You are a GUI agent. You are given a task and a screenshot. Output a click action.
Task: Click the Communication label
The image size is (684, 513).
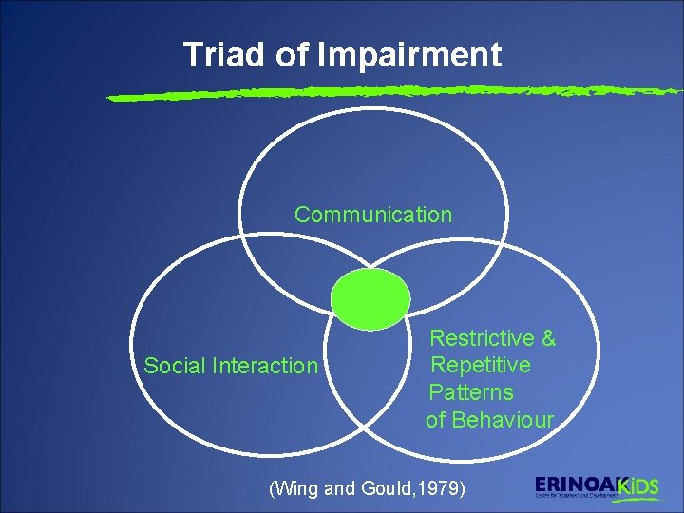click(373, 215)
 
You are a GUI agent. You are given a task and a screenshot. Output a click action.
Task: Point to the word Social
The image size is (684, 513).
click(175, 366)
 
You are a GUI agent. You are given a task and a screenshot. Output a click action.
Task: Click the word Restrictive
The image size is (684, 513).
click(482, 338)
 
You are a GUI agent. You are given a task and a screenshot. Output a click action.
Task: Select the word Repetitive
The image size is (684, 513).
click(481, 365)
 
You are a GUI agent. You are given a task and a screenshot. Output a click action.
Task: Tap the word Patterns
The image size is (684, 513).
click(471, 392)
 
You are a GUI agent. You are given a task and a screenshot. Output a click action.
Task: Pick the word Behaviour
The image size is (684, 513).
click(503, 420)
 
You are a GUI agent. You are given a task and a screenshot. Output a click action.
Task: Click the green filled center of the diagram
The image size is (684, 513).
click(370, 298)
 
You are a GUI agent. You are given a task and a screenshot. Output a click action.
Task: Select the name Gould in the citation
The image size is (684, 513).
click(386, 489)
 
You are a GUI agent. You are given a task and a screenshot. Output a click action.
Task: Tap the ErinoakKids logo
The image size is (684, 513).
click(597, 487)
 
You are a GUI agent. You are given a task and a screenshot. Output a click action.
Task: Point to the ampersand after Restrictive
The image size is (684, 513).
click(547, 338)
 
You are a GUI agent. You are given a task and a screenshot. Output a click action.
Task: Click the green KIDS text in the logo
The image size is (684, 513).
click(638, 486)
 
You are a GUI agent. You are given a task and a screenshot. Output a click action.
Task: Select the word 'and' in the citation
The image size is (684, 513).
click(340, 489)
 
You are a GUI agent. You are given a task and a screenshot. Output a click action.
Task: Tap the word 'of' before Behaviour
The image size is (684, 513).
click(436, 420)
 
